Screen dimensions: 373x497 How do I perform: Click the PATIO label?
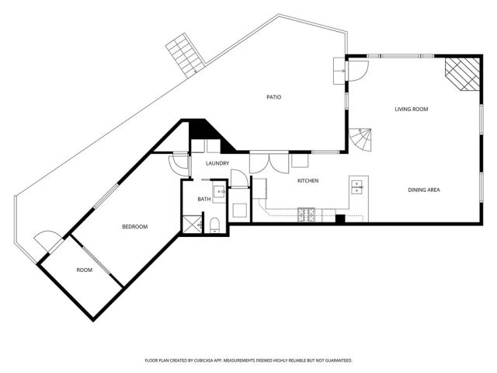click(273, 97)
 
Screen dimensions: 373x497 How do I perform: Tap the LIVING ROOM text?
click(412, 110)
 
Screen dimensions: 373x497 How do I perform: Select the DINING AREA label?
click(425, 190)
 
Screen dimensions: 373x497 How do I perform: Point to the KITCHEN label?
click(308, 181)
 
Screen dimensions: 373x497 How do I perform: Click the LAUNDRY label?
click(217, 163)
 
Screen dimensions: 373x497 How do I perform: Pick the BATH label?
click(204, 200)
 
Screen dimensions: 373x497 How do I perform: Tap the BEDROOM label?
click(134, 227)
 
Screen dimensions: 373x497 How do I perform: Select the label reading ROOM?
click(84, 270)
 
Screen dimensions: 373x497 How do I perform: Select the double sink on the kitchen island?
click(358, 186)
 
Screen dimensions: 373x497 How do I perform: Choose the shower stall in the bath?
click(189, 224)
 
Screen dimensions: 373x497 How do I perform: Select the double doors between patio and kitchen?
click(269, 161)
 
